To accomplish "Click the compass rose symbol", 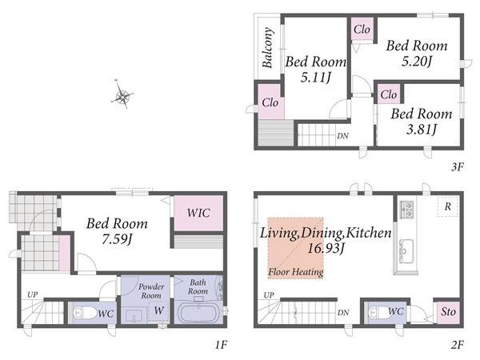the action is coord(122,94).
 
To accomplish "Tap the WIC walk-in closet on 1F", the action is coord(198,214).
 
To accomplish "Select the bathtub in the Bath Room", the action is coord(198,312).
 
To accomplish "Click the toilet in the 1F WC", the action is coord(85,313).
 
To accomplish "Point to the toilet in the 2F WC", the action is coord(378,313).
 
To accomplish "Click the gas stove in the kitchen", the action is coord(406,210).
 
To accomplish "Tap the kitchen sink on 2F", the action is coord(406,251).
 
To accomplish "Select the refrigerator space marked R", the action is coord(447,207).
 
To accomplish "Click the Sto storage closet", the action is coord(448,313).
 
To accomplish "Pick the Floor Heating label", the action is coord(296,272).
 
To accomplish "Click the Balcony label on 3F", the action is coord(267,47).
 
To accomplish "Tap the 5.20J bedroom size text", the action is coord(417,62).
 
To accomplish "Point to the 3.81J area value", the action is coord(422,130).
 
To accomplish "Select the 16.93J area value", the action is coord(326,248).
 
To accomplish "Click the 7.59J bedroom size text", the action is coord(117,239).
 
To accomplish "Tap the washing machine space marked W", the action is coord(158,310).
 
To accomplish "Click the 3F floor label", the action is coord(458,167).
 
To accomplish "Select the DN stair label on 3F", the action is coord(342,136).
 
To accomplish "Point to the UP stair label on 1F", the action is coord(32,294).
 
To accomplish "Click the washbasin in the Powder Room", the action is coord(134,316).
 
